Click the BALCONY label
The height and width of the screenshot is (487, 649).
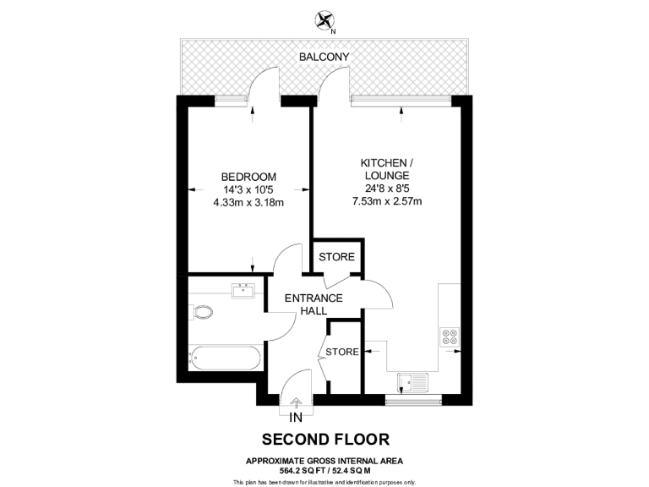(324, 57)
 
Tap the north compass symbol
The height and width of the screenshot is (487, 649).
(324, 21)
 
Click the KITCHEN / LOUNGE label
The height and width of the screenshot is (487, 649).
(386, 168)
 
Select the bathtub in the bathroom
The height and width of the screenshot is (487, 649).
(224, 358)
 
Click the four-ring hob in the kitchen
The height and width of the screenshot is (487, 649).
(449, 336)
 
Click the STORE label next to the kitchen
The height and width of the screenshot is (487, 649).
(336, 257)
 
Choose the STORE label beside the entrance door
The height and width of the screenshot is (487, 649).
(341, 352)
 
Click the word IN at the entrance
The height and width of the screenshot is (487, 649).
(296, 419)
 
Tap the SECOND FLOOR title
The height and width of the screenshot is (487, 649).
(325, 440)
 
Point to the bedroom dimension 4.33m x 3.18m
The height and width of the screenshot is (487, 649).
(248, 202)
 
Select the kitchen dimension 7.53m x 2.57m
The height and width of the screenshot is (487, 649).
(386, 201)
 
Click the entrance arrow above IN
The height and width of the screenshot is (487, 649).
(296, 404)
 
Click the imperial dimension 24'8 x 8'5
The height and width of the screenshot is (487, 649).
(386, 189)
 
